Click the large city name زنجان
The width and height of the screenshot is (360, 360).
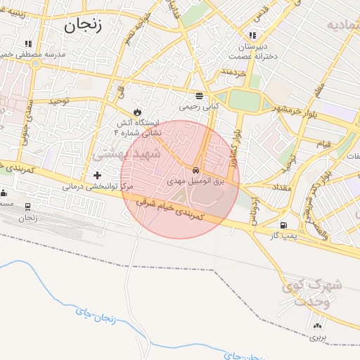pyautogui.click(x=82, y=27)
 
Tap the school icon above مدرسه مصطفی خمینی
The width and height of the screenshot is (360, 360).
pyautogui.click(x=27, y=44)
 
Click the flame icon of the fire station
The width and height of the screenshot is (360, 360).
pyautogui.click(x=137, y=112)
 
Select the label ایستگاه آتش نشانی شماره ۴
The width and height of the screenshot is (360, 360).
pyautogui.click(x=138, y=127)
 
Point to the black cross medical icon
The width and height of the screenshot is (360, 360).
pyautogui.click(x=97, y=174)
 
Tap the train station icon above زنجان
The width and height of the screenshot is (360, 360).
pyautogui.click(x=27, y=207)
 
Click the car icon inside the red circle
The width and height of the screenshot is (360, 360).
pyautogui.click(x=195, y=171)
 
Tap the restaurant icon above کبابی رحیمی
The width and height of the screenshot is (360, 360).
pyautogui.click(x=200, y=96)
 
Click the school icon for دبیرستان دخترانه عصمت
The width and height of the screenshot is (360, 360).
pyautogui.click(x=252, y=35)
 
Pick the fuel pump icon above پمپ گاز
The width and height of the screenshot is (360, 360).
pyautogui.click(x=283, y=226)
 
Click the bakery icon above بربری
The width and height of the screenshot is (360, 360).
pyautogui.click(x=318, y=326)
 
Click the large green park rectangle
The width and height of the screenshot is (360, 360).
pyautogui.click(x=245, y=100)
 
